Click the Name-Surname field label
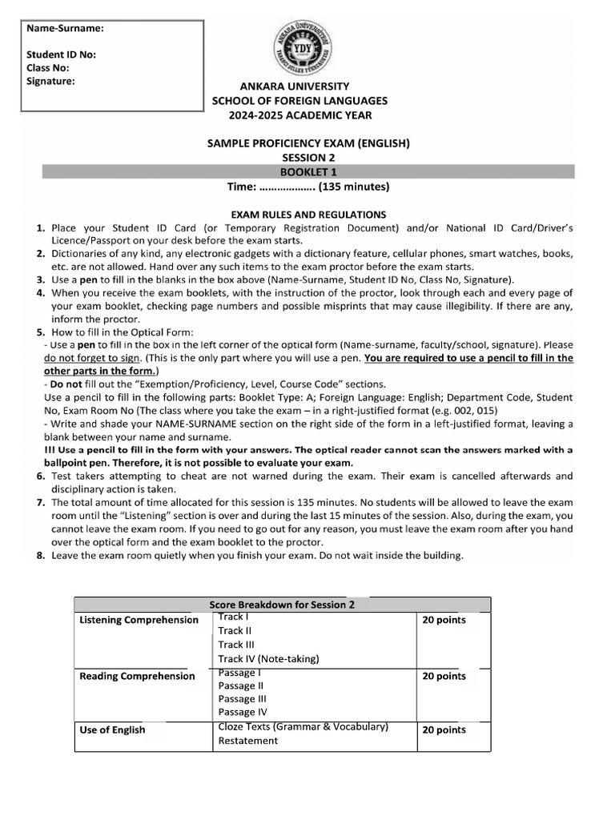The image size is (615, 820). pyautogui.click(x=66, y=29)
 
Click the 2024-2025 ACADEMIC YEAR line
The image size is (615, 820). pyautogui.click(x=299, y=115)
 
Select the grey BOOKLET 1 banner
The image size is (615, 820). pyautogui.click(x=307, y=172)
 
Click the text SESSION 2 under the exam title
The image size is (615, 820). pyautogui.click(x=308, y=158)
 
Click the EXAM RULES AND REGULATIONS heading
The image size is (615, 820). pyautogui.click(x=308, y=215)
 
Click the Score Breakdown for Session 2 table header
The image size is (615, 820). pyautogui.click(x=282, y=605)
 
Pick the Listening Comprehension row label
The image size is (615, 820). pyautogui.click(x=139, y=620)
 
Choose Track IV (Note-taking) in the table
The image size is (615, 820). pyautogui.click(x=268, y=658)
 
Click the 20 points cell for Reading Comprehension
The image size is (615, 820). pyautogui.click(x=444, y=676)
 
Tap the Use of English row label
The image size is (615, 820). pyautogui.click(x=112, y=730)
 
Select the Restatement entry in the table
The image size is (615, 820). pyautogui.click(x=247, y=741)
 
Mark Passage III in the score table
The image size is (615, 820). pyautogui.click(x=243, y=699)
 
